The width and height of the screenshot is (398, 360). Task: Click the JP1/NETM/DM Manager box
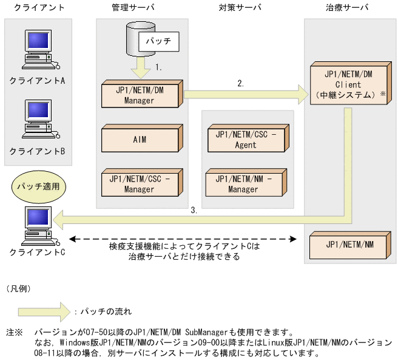(x=141, y=95)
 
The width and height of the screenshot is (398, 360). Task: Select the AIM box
(x=141, y=139)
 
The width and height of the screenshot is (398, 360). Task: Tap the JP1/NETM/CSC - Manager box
(x=141, y=184)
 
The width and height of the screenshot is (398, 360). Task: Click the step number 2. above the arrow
(x=241, y=83)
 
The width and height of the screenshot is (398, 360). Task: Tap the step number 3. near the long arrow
(x=194, y=210)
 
